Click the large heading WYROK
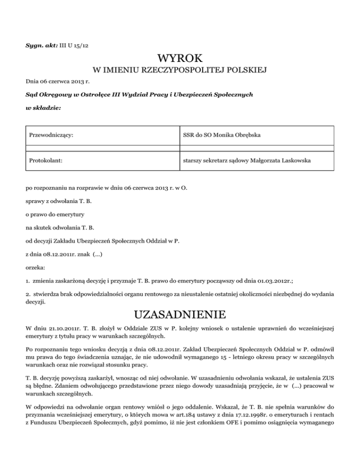tap(180, 60)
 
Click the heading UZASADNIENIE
tap(180, 313)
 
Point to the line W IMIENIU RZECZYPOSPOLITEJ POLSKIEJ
tap(180, 71)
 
